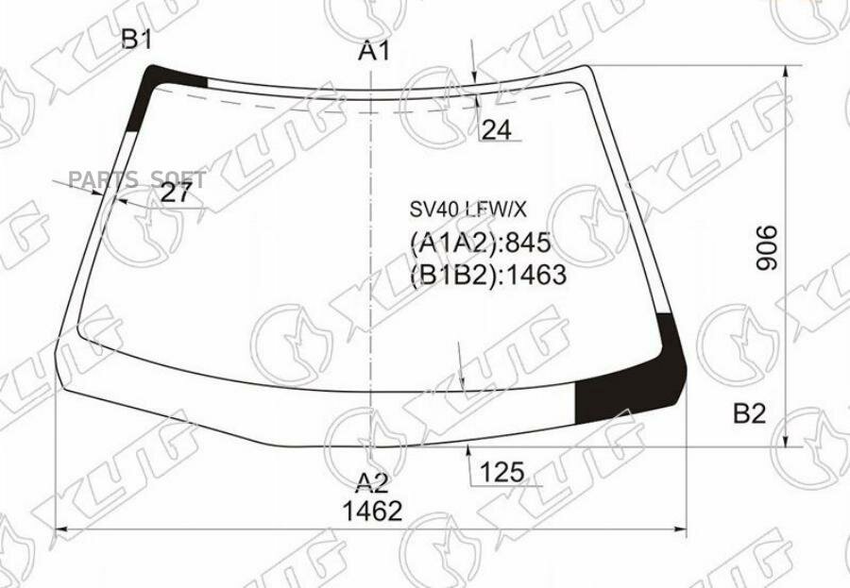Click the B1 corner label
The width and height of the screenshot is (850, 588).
pos(136,40)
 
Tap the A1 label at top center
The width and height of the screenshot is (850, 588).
pos(374,53)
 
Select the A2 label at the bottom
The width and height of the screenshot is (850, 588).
pos(372,483)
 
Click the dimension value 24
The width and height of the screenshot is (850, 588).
pos(496,130)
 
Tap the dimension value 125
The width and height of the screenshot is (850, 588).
pos(501,471)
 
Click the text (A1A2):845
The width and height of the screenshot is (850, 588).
pos(480,244)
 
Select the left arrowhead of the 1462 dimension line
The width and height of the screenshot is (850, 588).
pos(64,529)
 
